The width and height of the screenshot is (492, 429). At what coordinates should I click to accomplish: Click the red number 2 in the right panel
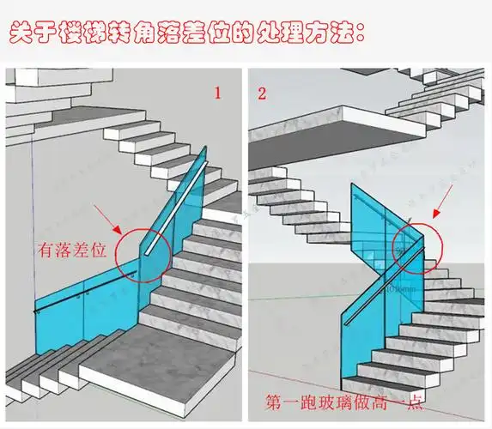(261, 93)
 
